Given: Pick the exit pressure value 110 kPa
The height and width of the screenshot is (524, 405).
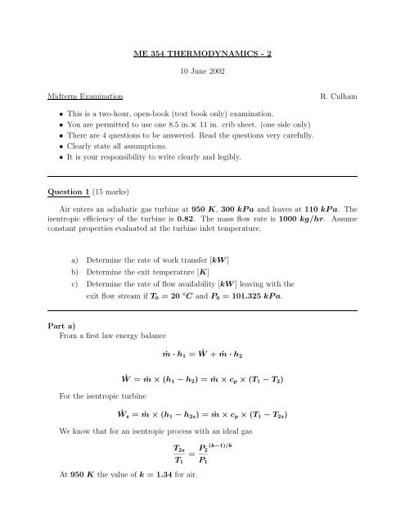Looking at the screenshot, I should click(337, 212).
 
